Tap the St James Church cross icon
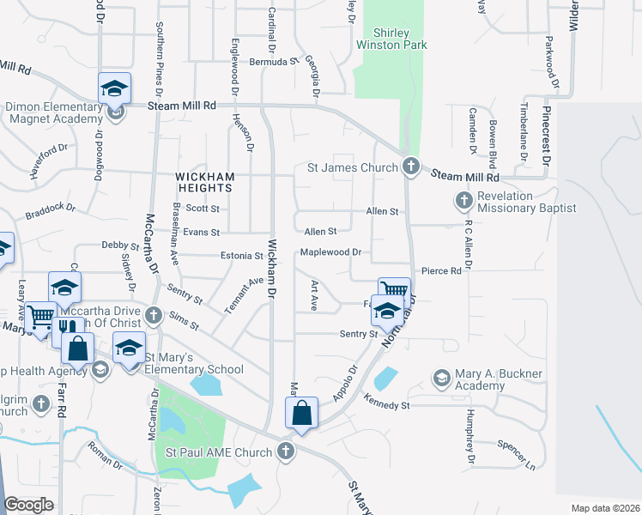coord(410,167)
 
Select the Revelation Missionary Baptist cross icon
coord(464,201)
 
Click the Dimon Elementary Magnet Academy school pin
coord(114,89)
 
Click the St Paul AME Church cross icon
coord(286,451)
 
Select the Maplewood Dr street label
coord(334,253)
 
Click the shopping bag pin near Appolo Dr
coord(303,413)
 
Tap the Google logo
coord(30,505)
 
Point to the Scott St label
coord(203,209)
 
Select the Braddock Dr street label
coord(51,211)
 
